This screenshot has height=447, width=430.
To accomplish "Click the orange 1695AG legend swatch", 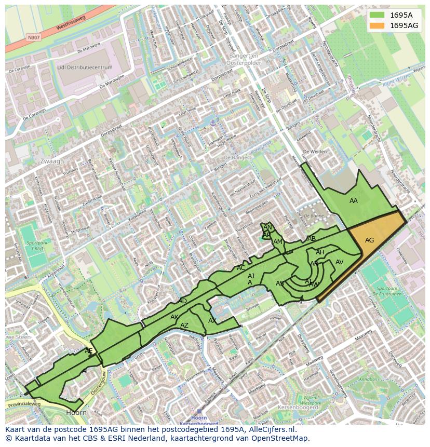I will click(378, 25).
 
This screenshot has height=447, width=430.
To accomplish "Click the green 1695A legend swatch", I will click(378, 15).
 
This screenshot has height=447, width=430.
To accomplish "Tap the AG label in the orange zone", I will click(369, 240).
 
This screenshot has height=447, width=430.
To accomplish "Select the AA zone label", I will click(354, 201).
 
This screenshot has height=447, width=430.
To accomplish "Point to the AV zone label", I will click(340, 262).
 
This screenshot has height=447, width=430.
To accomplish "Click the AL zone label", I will click(86, 371).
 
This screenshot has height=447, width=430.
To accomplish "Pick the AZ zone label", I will click(184, 326).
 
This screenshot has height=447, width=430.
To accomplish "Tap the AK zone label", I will click(174, 317).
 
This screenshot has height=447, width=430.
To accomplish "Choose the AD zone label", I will click(182, 301).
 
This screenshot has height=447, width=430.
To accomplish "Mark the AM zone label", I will click(278, 242).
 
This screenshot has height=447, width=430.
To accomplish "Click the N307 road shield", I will click(33, 37).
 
